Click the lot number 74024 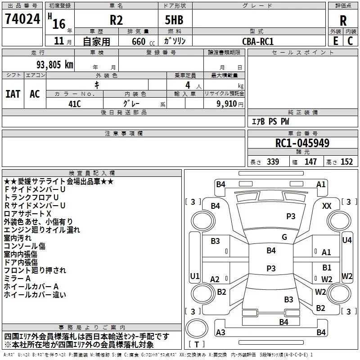[22, 19]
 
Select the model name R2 [117, 20]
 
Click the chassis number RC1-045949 [302, 144]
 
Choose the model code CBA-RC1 [257, 41]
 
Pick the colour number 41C [74, 103]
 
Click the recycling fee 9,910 [229, 103]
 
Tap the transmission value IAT [13, 94]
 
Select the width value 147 [311, 162]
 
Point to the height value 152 [346, 162]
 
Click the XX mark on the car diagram [327, 206]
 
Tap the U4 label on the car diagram [346, 240]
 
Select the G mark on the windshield [284, 237]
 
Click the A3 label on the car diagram [220, 332]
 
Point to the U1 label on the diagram [194, 276]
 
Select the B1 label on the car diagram [327, 268]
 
